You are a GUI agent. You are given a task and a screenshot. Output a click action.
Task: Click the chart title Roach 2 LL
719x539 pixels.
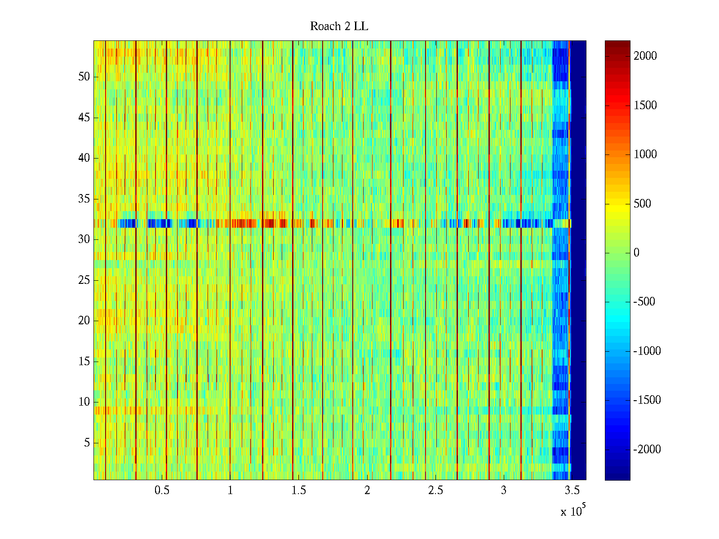339,27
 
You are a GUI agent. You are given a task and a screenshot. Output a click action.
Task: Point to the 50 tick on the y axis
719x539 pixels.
84,77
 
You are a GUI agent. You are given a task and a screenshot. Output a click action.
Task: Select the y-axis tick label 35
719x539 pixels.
84,199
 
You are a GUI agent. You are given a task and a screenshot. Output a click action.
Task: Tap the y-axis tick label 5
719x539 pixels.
87,443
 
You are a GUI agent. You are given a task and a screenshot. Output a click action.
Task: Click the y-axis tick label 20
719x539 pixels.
84,321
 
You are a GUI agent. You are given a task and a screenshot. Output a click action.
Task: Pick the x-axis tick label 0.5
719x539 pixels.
162,490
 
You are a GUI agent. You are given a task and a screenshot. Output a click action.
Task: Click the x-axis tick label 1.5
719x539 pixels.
299,490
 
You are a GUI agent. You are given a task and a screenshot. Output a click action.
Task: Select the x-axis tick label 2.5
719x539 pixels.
435,490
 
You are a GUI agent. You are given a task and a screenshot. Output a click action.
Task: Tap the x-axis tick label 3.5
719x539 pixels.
572,490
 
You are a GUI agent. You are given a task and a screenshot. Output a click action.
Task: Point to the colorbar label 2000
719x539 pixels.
645,56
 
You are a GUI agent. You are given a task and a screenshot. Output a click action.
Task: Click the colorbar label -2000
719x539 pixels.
647,449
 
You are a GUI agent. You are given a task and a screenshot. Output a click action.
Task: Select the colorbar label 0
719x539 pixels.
636,253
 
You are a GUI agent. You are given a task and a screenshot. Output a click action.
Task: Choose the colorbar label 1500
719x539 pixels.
645,106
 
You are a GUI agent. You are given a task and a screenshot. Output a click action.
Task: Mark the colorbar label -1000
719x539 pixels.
647,351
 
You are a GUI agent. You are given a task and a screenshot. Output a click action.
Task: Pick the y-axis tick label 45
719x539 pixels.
84,118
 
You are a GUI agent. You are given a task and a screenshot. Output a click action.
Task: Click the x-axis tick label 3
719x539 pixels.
504,490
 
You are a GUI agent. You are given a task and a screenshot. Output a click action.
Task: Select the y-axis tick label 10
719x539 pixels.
84,402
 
